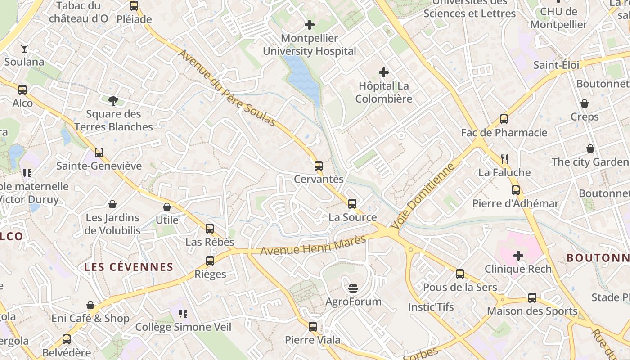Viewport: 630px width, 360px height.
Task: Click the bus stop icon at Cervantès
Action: coord(319,166)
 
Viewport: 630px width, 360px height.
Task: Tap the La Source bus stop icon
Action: coord(352,204)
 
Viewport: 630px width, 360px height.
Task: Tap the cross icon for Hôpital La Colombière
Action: coord(384,72)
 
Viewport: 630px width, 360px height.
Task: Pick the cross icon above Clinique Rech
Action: coord(518,256)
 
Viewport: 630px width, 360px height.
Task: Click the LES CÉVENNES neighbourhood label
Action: coord(129,267)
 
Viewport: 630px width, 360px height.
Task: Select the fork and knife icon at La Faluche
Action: coord(504,159)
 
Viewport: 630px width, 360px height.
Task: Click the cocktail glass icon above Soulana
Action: coord(24,48)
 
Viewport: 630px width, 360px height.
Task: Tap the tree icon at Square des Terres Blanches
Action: coord(113,100)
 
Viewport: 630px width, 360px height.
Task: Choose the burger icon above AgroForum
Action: coord(353,288)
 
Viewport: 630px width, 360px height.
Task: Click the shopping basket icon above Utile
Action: coord(167,207)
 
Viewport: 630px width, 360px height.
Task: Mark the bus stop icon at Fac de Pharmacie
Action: coord(504,119)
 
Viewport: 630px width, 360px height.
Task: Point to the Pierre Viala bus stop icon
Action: coord(313,327)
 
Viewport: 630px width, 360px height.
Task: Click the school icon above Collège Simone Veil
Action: coord(183,313)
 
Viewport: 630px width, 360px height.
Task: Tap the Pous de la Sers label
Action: coord(460,287)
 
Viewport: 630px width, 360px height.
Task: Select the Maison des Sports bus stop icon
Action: coord(532,297)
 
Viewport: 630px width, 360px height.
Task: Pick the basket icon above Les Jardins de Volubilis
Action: coord(112,204)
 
